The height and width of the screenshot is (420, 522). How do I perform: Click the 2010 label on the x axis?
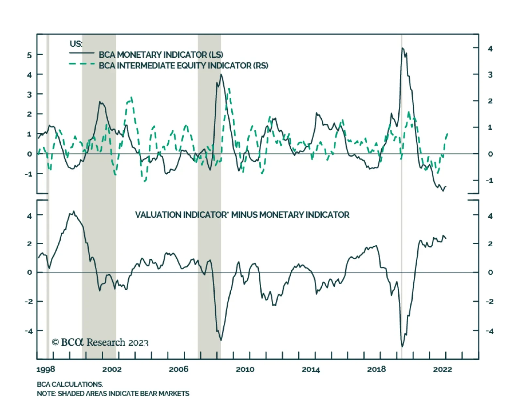point(245,369)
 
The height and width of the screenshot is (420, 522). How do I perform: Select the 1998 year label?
point(46,369)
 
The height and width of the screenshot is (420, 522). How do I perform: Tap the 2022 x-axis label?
point(442,369)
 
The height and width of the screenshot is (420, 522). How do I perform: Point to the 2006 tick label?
point(178,369)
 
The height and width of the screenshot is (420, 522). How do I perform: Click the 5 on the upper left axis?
point(29,55)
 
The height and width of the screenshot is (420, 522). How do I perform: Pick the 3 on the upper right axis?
point(490,75)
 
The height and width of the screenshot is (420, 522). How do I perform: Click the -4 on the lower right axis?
point(489,331)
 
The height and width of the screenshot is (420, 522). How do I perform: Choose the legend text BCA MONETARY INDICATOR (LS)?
point(161,54)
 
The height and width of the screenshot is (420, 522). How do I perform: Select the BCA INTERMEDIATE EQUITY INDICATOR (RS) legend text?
point(183,65)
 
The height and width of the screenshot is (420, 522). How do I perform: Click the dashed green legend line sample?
point(82,64)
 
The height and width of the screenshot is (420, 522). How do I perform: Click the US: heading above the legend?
point(76,44)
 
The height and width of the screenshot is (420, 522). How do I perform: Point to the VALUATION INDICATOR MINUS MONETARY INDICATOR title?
point(242,215)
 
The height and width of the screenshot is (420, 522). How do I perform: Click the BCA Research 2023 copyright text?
point(100,342)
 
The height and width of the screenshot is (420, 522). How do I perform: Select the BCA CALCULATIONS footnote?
point(70,384)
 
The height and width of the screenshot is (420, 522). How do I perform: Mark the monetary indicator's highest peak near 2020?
point(402,48)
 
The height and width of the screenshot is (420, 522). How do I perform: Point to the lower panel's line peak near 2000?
point(74,211)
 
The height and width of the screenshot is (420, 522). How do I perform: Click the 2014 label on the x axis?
point(311,369)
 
